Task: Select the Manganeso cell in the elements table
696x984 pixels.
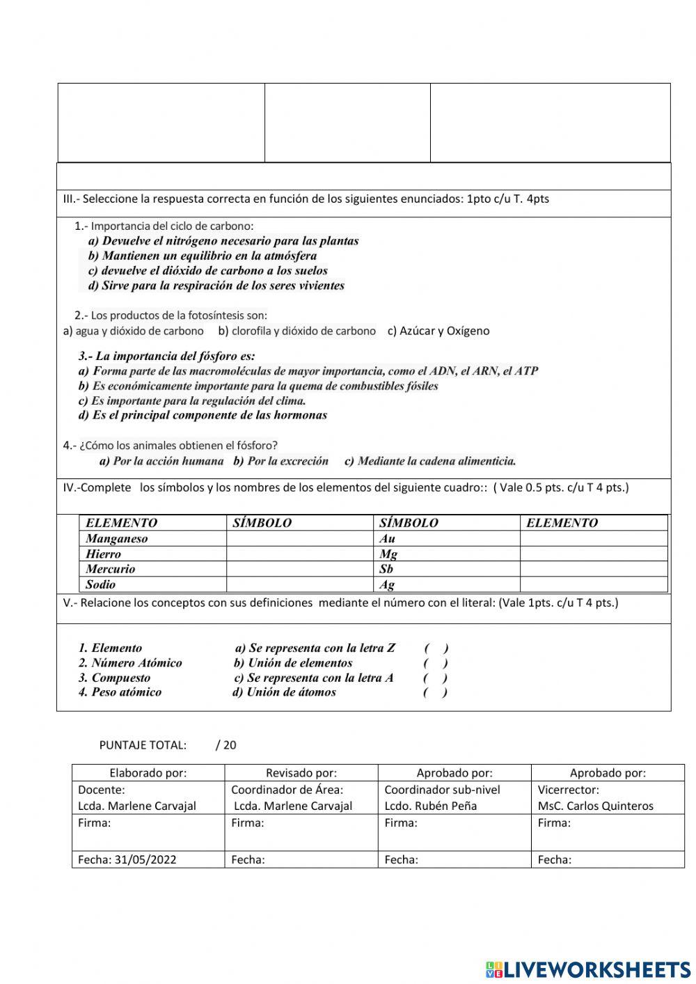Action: click(116, 538)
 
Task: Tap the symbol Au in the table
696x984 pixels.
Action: click(388, 538)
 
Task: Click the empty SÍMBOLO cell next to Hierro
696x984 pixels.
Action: click(299, 554)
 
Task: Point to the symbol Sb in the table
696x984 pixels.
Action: click(386, 569)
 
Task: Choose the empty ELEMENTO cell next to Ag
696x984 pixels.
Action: click(593, 584)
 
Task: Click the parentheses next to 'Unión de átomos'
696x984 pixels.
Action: click(435, 692)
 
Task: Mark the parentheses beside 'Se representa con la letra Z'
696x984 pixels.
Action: click(436, 648)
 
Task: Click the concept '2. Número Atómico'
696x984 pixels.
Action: click(130, 663)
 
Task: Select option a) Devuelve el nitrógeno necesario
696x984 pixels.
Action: click(223, 241)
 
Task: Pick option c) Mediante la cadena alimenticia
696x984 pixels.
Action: click(430, 461)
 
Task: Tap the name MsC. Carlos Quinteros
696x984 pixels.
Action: click(596, 806)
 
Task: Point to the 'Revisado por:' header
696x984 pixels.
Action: click(301, 772)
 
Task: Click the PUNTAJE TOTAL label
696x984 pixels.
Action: click(143, 745)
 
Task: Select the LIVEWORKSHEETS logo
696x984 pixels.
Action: click(588, 969)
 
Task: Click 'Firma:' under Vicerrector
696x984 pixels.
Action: click(554, 823)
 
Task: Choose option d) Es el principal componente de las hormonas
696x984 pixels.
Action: click(203, 416)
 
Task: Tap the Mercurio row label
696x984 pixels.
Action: click(111, 569)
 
